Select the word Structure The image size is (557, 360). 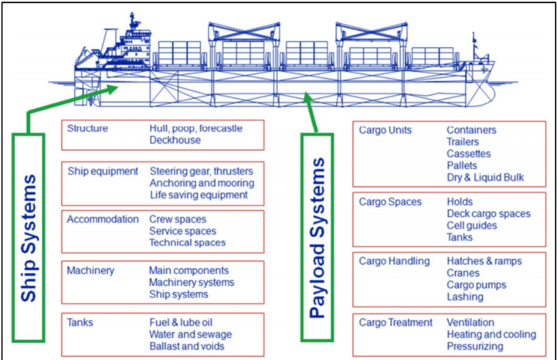87,128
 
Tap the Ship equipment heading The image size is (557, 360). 103,171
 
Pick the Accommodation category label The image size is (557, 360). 103,219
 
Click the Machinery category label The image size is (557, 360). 90,270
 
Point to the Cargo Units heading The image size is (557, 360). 385,131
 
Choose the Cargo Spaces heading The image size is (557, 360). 390,202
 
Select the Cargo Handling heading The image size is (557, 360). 394,261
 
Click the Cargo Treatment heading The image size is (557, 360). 396,322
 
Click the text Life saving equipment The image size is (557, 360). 199,195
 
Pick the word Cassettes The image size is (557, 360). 468,154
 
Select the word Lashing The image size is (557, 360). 465,297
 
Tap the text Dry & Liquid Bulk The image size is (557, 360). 485,177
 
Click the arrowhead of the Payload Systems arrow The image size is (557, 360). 308,98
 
